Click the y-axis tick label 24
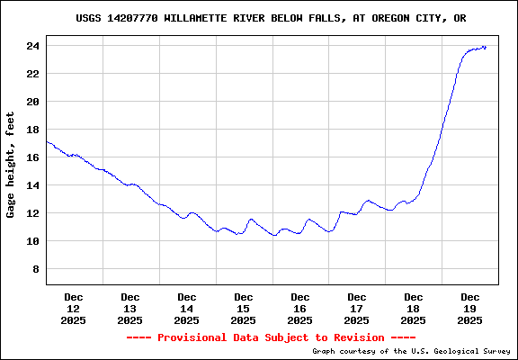pyautogui.click(x=32, y=46)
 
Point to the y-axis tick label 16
pyautogui.click(x=32, y=157)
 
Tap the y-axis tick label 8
pyautogui.click(x=36, y=269)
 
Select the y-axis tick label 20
pyautogui.click(x=32, y=102)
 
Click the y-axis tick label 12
pyautogui.click(x=32, y=213)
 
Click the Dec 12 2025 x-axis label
pyautogui.click(x=74, y=308)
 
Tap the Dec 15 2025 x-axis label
pyautogui.click(x=244, y=308)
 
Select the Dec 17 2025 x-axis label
pyautogui.click(x=357, y=308)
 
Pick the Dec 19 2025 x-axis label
pyautogui.click(x=470, y=308)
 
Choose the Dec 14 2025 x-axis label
pyautogui.click(x=187, y=308)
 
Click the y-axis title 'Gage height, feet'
pyautogui.click(x=11, y=165)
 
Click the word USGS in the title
pyautogui.click(x=87, y=18)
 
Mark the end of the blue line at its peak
pyautogui.click(x=486, y=47)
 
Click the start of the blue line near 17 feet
pyautogui.click(x=47, y=141)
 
